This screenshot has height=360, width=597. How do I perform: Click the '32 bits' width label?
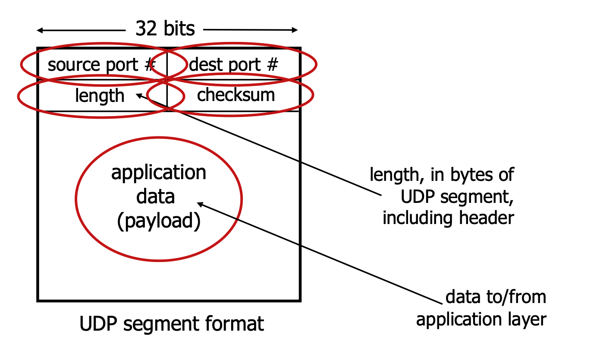[165, 29]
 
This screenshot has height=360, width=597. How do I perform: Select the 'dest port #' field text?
[233, 65]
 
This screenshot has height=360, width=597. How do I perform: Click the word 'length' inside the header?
[100, 95]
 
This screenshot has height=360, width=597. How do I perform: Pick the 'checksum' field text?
[236, 95]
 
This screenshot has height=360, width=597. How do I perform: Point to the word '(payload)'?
[159, 221]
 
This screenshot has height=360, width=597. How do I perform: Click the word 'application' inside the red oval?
[159, 173]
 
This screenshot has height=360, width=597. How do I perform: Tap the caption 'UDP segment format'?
[172, 324]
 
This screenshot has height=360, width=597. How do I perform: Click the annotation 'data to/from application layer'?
[481, 308]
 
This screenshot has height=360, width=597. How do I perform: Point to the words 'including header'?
[448, 218]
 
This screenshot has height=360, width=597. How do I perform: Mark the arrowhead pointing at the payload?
[200, 204]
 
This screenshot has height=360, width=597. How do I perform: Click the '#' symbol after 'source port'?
[149, 65]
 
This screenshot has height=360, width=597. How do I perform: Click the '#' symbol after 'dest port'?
[272, 65]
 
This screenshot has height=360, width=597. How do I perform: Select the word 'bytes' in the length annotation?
[469, 175]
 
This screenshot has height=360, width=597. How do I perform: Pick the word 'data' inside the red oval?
[156, 197]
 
